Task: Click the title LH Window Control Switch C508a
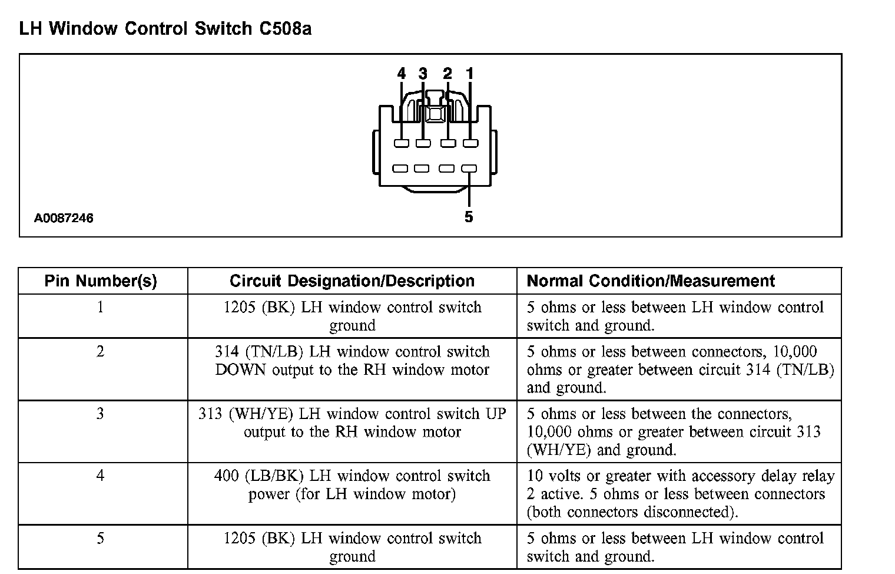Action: [165, 29]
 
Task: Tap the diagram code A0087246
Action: [64, 219]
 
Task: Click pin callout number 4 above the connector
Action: [402, 74]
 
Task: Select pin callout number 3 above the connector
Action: [423, 74]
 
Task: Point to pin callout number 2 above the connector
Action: [447, 74]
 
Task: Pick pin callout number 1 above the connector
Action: [469, 74]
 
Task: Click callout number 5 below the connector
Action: [469, 217]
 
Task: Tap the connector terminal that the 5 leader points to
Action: [469, 169]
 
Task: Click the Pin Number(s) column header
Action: [101, 281]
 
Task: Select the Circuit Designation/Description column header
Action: [352, 281]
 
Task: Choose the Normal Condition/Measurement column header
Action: [651, 281]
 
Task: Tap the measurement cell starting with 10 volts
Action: [680, 494]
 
